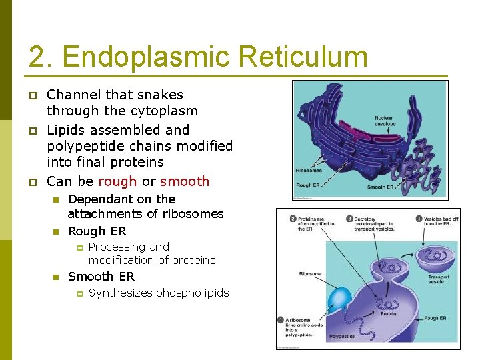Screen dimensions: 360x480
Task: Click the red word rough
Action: pyautogui.click(x=117, y=181)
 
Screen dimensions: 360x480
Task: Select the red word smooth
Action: pyautogui.click(x=185, y=181)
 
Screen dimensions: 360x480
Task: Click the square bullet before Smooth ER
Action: pyautogui.click(x=57, y=277)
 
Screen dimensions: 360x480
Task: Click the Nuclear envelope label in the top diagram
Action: pyautogui.click(x=385, y=121)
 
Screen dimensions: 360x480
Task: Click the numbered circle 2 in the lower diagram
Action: pyautogui.click(x=293, y=218)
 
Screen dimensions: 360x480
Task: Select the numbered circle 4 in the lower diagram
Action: pyautogui.click(x=419, y=218)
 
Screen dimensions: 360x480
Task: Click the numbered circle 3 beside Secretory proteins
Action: pyautogui.click(x=349, y=218)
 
